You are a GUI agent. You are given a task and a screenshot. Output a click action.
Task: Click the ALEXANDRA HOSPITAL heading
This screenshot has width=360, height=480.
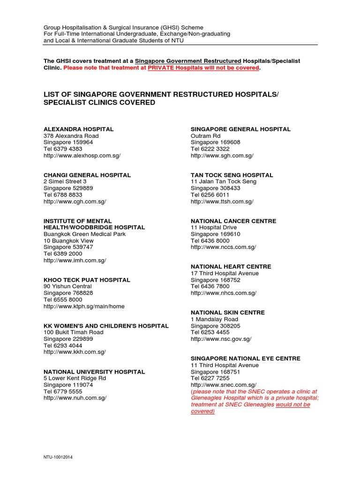pos(78,129)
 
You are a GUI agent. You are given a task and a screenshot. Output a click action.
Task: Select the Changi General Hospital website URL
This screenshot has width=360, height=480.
pos(75,202)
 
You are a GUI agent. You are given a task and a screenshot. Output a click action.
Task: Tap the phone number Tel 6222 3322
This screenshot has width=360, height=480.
pos(210,149)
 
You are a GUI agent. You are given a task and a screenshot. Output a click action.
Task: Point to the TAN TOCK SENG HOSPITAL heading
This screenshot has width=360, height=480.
pos(232,175)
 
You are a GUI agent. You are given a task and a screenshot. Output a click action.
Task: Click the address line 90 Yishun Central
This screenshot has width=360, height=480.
pos(67,286)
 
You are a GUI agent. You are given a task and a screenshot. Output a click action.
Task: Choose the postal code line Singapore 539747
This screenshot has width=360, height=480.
pos(68,247)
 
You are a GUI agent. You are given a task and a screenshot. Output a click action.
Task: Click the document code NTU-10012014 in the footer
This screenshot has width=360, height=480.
pos(59,457)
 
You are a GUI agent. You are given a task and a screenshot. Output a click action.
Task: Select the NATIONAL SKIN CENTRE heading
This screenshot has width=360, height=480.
pos(227,312)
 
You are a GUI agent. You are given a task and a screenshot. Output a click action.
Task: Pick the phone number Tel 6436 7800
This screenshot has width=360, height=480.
pos(210,286)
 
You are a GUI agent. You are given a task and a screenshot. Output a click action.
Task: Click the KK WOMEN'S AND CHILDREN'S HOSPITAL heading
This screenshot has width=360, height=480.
pos(106,326)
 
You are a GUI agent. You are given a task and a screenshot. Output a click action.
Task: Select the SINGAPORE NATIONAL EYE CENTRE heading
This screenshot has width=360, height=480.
pos(245,358)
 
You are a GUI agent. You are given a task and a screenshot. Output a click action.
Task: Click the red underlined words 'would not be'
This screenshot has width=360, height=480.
pos(293,405)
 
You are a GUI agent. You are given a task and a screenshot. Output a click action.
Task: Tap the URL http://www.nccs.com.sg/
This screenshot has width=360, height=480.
pos(223,247)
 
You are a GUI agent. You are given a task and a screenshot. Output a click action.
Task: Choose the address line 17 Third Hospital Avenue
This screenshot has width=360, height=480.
pos(225,273)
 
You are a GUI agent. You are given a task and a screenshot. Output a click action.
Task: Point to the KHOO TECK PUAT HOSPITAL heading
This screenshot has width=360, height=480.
pos(87,280)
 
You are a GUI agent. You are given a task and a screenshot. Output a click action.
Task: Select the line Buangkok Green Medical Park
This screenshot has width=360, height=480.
pos(84,234)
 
